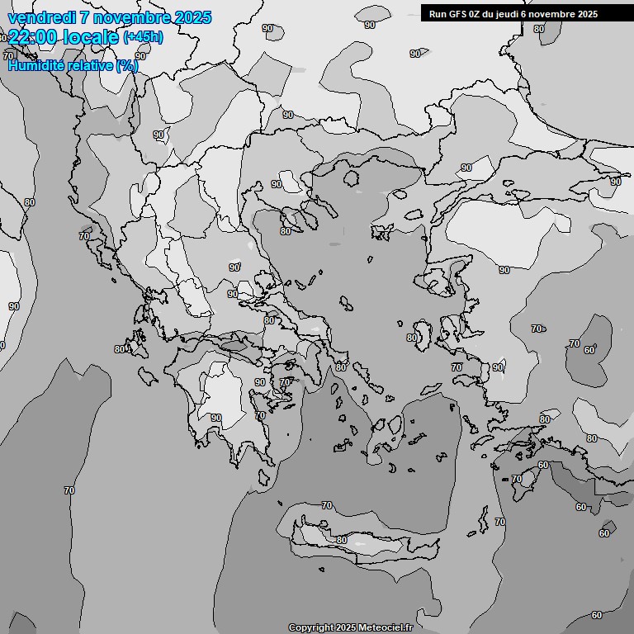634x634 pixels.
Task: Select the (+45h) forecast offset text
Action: (143, 37)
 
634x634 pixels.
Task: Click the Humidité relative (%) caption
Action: (73, 65)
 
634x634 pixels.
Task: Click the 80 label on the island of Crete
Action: (342, 540)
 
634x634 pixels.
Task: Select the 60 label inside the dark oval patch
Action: (589, 350)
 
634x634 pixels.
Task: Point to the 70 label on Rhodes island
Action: (517, 479)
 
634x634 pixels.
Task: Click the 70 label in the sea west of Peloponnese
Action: (69, 490)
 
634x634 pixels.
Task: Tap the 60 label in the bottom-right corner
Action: (597, 615)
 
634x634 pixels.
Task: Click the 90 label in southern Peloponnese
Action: (216, 418)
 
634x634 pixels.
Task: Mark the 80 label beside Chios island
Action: (412, 338)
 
